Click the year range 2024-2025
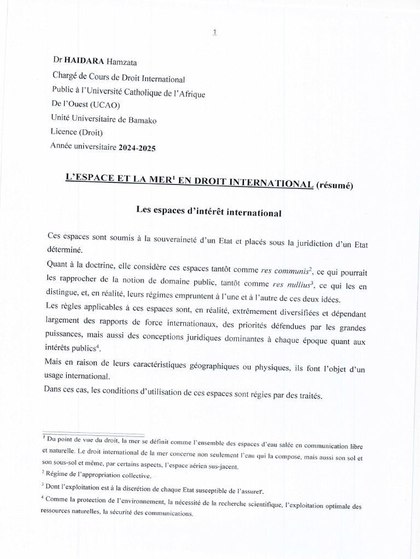pos(136,147)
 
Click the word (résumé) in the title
pos(335,185)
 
